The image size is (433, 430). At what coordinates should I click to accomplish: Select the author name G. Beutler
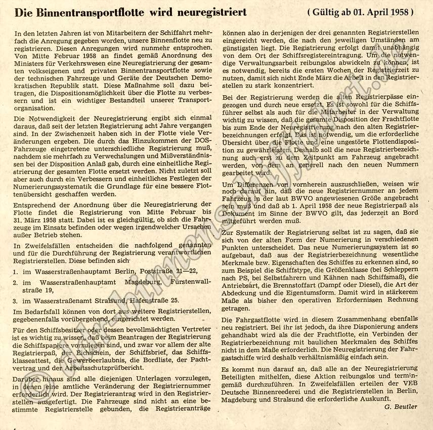pyautogui.click(x=401, y=407)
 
